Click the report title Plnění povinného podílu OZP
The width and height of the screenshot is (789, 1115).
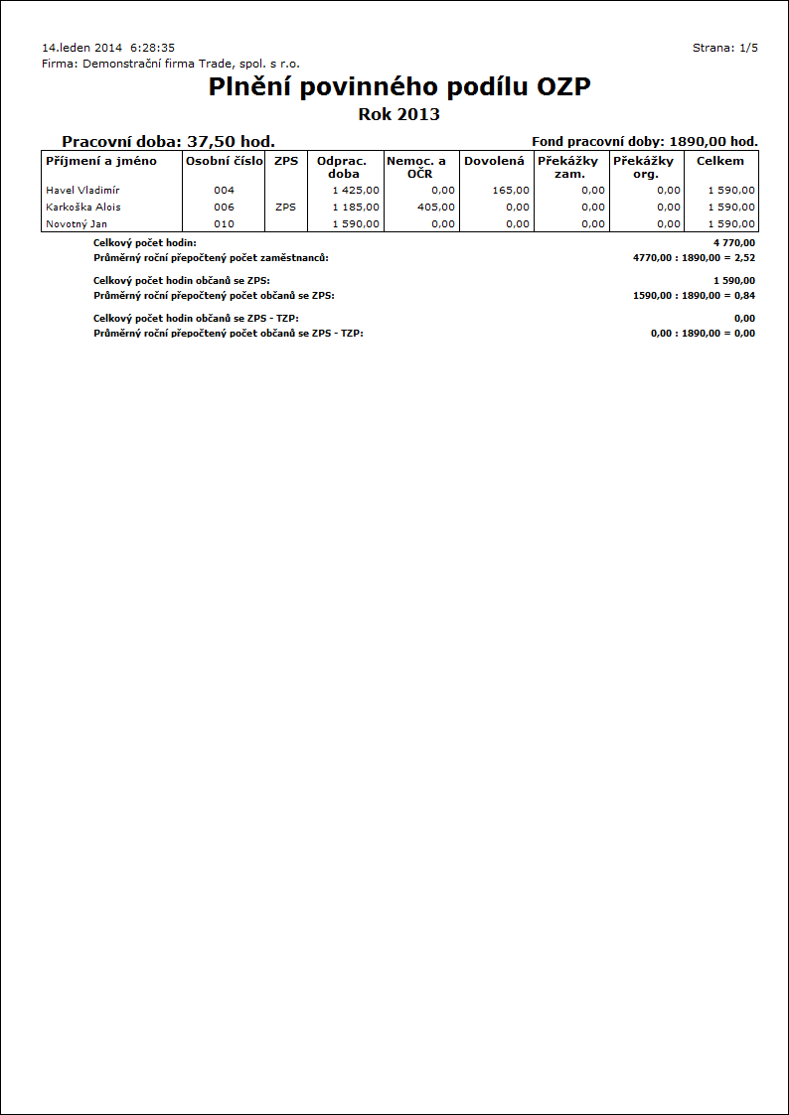tap(399, 87)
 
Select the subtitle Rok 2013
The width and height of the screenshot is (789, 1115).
tap(398, 114)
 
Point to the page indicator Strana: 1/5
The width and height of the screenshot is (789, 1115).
tap(724, 48)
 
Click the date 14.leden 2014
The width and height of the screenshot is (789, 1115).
tap(82, 48)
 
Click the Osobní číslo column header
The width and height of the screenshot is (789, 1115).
tap(225, 161)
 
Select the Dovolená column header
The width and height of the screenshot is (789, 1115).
tap(494, 161)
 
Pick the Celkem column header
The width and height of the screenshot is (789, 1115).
tap(720, 161)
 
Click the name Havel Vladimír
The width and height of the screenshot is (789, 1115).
tap(82, 190)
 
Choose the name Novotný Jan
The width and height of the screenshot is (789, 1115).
tap(77, 223)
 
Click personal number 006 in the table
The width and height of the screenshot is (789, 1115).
tap(224, 207)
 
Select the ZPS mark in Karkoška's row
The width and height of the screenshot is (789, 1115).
tap(285, 207)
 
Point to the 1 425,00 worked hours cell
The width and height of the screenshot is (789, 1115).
tap(356, 190)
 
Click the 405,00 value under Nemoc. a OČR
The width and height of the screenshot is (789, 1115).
tap(436, 207)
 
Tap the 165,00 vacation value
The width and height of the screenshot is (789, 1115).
tap(511, 190)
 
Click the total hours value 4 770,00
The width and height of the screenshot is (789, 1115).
tap(733, 242)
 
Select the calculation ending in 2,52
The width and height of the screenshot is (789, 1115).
tap(694, 257)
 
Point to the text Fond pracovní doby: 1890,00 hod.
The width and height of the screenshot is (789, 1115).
tap(645, 142)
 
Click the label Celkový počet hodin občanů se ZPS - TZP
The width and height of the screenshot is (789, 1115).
tap(196, 318)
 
